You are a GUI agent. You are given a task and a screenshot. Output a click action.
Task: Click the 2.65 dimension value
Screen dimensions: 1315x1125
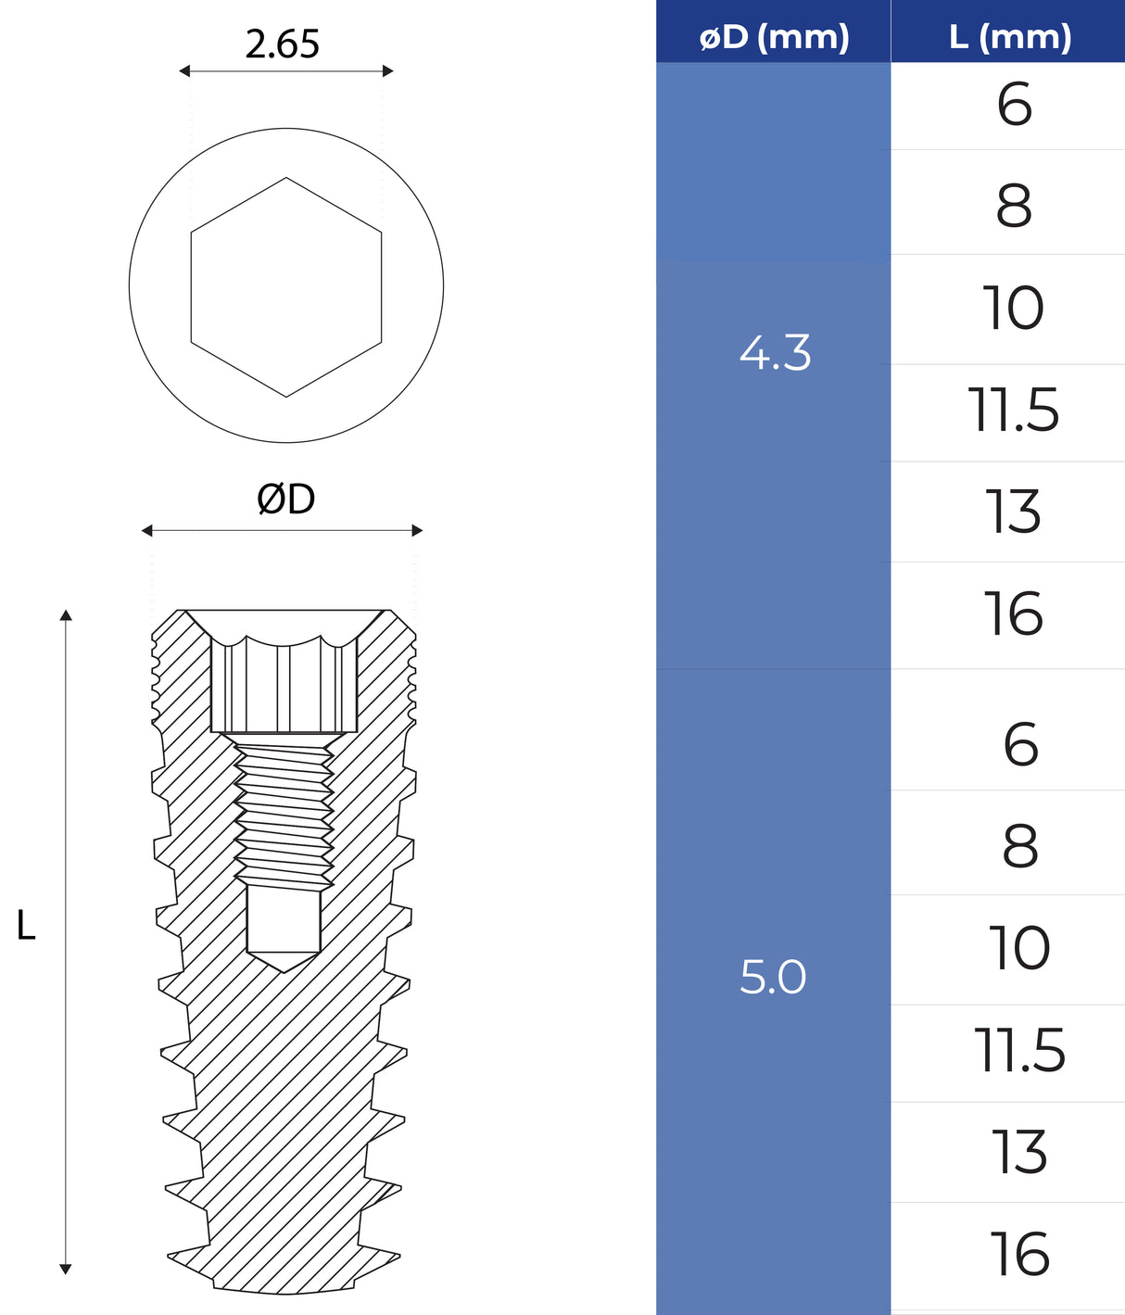coord(283,44)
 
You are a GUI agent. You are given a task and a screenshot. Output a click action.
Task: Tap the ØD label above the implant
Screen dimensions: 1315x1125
coord(285,499)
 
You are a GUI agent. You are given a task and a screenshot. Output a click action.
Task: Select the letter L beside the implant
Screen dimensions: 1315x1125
coord(26,926)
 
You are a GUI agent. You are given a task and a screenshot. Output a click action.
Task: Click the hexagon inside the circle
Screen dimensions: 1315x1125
coord(286,287)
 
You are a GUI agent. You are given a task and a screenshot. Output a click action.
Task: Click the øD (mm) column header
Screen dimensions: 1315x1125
coord(774,37)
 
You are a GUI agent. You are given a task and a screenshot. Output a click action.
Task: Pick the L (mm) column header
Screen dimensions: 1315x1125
coord(1010,37)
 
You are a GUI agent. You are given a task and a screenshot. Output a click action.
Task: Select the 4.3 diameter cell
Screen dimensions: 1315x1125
coord(775,353)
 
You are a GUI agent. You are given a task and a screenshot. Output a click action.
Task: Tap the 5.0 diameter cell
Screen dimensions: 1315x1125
coord(773,977)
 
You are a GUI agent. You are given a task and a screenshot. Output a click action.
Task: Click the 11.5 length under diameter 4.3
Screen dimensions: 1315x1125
coord(1013,411)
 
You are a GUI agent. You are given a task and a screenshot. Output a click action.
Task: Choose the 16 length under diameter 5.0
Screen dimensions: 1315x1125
coord(1019,1255)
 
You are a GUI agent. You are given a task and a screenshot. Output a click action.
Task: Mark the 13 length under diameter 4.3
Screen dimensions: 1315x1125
coord(1013,512)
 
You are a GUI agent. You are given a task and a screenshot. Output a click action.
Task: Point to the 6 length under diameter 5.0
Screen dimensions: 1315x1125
coord(1020,744)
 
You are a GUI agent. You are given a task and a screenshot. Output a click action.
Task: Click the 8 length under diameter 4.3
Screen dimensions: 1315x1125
coord(1014,206)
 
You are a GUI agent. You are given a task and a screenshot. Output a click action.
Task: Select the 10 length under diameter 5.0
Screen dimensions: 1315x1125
coord(1019,948)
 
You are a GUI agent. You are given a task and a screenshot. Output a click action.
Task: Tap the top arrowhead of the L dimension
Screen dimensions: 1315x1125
coord(66,615)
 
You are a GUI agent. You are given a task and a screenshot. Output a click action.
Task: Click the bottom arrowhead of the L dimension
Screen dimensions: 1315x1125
coord(66,1269)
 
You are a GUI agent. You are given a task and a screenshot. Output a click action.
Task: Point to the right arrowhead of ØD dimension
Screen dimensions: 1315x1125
coord(417,530)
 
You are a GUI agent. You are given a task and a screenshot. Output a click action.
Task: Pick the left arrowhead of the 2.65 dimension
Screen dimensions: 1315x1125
coord(184,70)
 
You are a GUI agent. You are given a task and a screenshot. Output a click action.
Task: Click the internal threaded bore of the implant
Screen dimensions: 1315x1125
coord(284,811)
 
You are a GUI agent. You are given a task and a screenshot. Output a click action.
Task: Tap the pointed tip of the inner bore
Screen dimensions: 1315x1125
coord(284,969)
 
